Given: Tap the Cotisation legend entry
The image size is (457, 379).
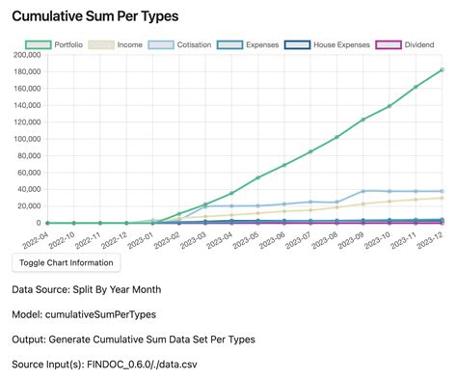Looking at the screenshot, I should [179, 44].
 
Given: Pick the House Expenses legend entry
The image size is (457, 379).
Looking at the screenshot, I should [325, 44].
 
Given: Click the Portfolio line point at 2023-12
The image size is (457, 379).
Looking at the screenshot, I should [442, 69].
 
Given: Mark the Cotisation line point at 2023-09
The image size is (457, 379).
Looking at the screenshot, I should [363, 191].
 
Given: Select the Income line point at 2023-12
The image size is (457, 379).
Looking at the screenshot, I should [442, 198].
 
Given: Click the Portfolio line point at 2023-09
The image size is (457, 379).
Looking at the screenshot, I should [363, 120].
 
